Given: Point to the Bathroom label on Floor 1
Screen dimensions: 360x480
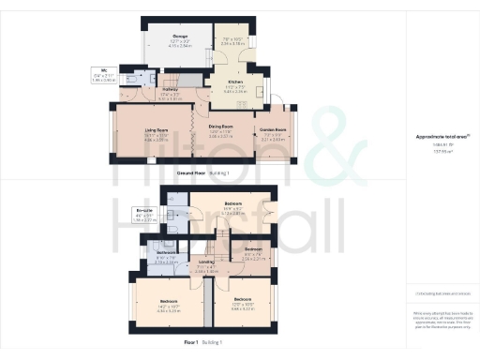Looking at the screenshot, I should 167,253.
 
